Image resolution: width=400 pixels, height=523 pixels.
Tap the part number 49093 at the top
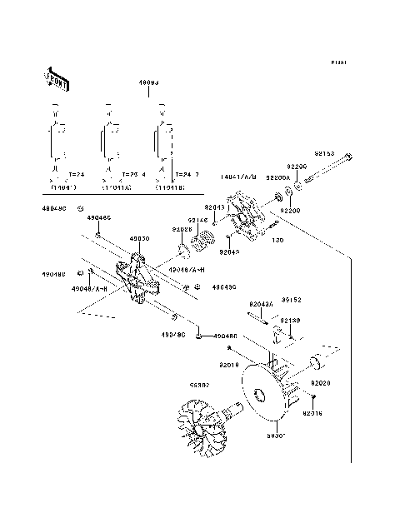pyautogui.click(x=150, y=83)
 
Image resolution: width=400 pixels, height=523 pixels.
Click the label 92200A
pyautogui.click(x=277, y=177)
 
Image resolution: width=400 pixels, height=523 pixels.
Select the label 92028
pyautogui.click(x=182, y=229)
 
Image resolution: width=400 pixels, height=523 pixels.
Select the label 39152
pyautogui.click(x=290, y=300)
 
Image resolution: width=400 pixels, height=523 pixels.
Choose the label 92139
pyautogui.click(x=288, y=320)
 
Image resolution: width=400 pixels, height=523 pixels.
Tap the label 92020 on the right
pyautogui.click(x=322, y=383)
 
